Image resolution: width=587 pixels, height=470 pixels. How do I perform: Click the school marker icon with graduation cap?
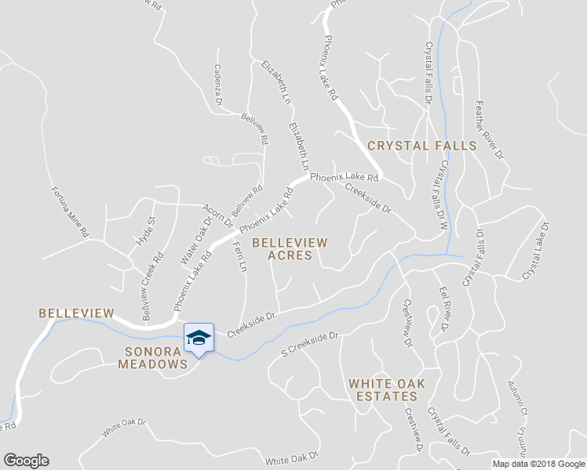[199, 338]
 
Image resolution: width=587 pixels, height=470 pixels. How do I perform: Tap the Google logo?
[26, 461]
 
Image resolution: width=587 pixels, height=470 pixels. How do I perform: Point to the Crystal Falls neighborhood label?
[421, 146]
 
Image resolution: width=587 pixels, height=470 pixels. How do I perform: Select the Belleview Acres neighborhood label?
[290, 249]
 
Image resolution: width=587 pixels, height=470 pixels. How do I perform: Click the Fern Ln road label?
[240, 257]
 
